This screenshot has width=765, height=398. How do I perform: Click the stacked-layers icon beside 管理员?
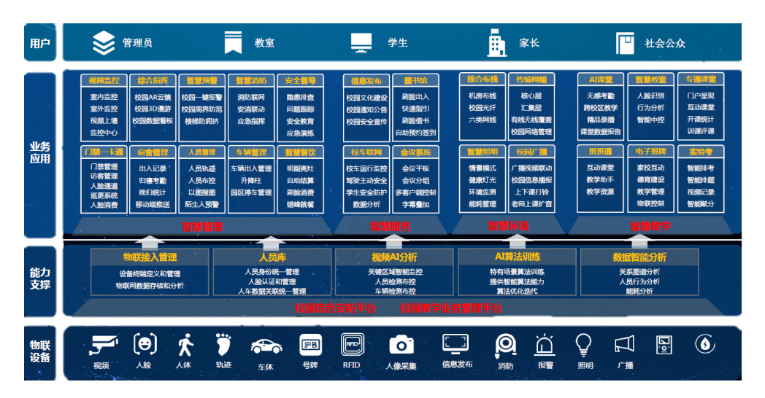104,43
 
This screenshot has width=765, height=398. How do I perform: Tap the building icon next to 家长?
497,43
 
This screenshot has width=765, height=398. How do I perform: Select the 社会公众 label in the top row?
664,43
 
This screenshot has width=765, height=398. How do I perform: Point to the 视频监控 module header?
102,80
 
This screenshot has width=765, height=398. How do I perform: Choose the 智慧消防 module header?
251,80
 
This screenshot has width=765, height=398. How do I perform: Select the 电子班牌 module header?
650,152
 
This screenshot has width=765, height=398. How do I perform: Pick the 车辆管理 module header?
251,152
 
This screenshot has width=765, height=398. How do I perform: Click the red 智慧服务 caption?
390,227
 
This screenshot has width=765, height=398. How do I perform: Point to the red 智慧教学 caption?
650,227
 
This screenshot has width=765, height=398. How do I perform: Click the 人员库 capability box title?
271,257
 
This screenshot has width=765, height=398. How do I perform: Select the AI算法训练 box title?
518,257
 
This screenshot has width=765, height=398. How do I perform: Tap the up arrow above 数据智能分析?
639,241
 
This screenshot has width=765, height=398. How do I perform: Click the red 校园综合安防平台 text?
336,308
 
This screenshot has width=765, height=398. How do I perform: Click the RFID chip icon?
352,344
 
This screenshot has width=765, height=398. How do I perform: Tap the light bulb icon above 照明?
583,343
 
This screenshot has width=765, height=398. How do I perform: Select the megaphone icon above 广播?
624,343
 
